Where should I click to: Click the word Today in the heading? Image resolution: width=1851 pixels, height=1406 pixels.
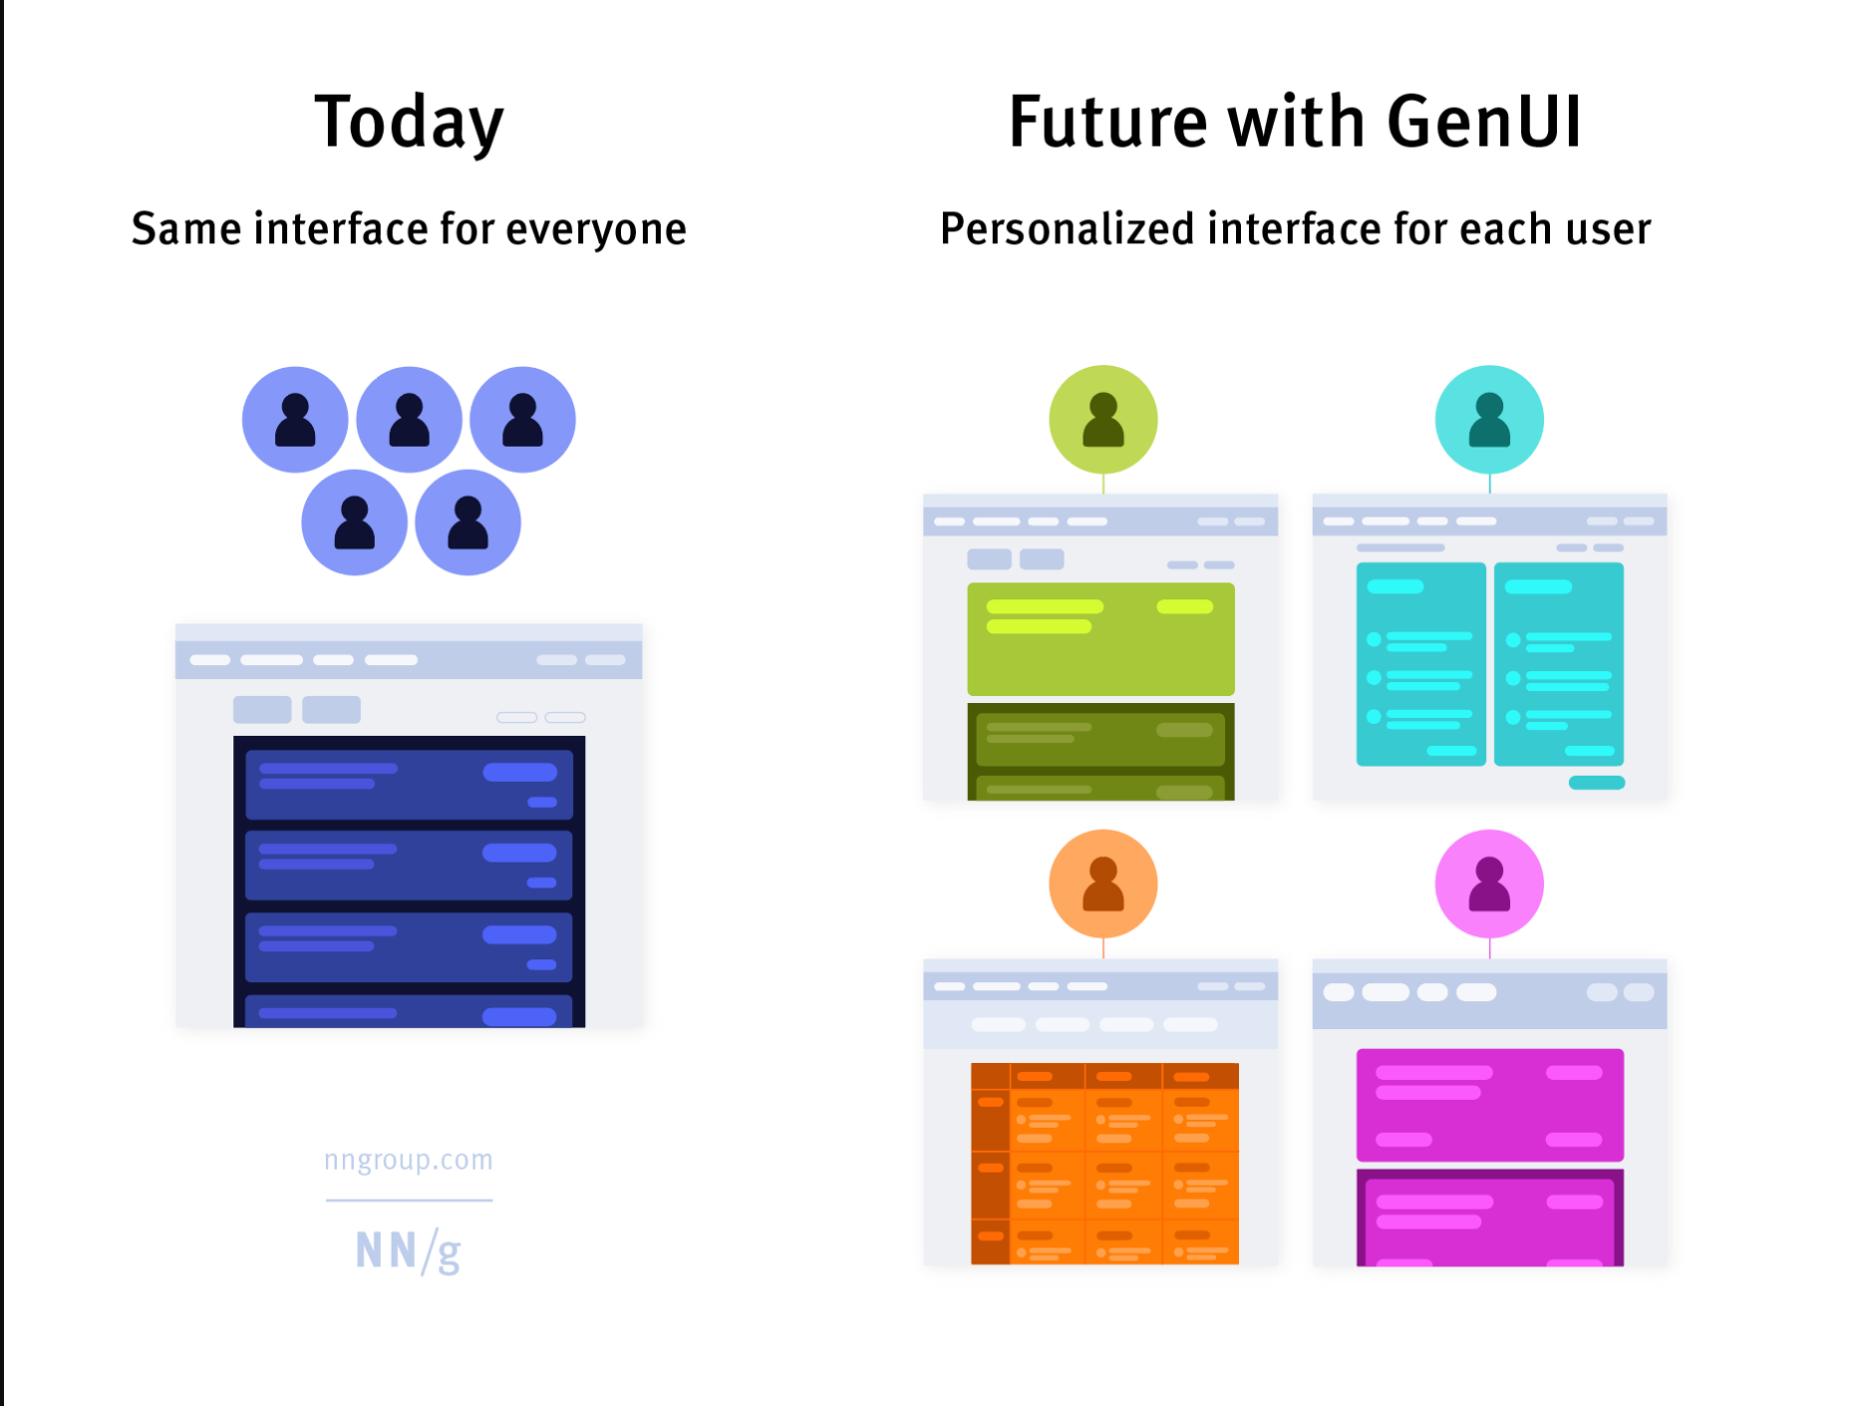point(409,123)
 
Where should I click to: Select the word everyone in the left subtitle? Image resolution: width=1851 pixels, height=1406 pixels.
point(596,230)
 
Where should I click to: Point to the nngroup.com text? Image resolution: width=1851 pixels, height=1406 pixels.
point(409,1160)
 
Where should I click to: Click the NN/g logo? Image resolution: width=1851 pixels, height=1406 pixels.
point(409,1250)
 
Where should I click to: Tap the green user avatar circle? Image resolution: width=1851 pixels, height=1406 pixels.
point(1103,419)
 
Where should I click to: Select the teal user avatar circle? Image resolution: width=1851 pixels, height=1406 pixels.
point(1489,419)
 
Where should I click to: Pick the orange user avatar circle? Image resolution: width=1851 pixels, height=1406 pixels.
point(1103,883)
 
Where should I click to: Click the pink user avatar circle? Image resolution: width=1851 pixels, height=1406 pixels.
point(1489,883)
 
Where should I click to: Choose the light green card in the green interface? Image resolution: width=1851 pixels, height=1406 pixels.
point(1100,639)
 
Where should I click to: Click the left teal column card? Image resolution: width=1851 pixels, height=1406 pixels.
point(1421,664)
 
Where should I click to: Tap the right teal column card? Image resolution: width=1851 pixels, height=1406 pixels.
point(1559,664)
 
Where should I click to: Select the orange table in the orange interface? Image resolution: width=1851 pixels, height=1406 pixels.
point(1104,1164)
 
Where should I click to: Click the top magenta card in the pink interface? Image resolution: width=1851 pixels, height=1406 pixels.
point(1490,1105)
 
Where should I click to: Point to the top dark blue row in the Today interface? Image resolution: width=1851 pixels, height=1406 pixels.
point(409,785)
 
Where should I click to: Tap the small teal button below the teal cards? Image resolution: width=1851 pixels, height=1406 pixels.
point(1597,783)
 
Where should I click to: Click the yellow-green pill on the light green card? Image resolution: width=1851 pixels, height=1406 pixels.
point(1184,606)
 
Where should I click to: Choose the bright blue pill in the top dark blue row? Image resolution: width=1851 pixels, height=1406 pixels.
point(520,772)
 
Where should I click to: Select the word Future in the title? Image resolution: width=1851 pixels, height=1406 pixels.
point(1108,122)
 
